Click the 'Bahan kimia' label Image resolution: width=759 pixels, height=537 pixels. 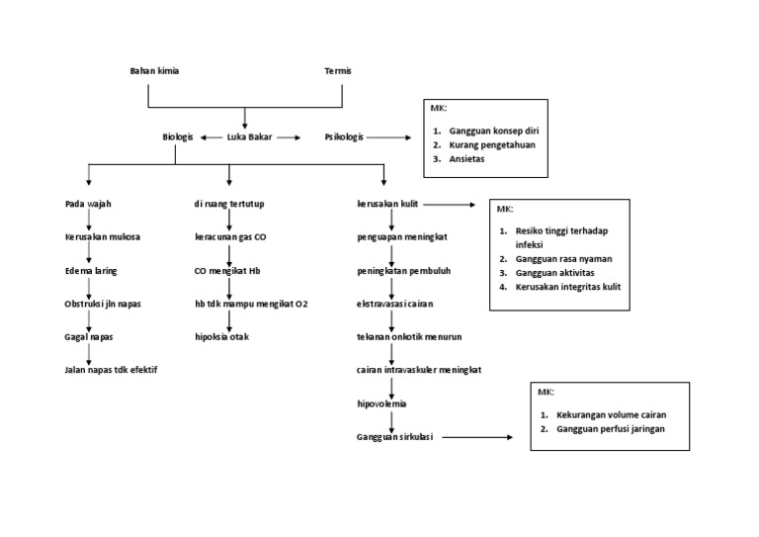[155, 71]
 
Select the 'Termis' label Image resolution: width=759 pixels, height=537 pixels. [338, 71]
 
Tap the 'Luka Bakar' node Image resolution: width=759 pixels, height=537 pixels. [249, 137]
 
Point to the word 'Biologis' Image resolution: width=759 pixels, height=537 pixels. [178, 137]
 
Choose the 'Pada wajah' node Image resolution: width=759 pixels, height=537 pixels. [88, 204]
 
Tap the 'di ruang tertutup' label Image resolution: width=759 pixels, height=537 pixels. [229, 204]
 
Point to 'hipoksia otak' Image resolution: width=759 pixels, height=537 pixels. [222, 336]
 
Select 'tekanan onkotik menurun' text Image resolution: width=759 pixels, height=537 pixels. [409, 336]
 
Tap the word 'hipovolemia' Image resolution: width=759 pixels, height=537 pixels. [381, 403]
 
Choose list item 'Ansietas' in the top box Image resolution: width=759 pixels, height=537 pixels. [467, 158]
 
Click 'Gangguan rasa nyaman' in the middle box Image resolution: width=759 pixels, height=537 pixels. [562, 258]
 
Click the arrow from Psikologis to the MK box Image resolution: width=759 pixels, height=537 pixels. [389, 137]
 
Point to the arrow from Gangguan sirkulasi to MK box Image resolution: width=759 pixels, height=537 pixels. [479, 436]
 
